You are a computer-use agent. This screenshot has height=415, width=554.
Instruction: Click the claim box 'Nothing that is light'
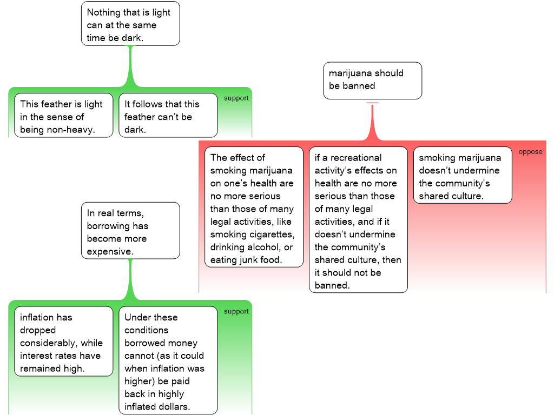coord(130,25)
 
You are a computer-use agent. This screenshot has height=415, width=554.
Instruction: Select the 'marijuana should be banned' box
coord(372,81)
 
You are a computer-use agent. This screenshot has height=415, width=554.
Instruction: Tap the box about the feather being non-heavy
coord(63,116)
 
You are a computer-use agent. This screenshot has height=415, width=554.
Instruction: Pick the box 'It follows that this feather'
coord(168,116)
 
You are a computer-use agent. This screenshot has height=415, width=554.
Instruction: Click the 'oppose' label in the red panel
coord(530,152)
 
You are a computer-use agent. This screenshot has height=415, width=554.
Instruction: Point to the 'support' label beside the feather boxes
coord(236,98)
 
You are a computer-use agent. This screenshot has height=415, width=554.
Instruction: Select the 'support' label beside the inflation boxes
coord(236,311)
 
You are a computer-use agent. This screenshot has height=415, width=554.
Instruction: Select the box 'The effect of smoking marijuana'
coord(253,207)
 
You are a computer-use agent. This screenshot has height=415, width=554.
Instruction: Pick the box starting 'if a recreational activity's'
coord(358,219)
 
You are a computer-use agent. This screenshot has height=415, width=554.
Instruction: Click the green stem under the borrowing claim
coord(130,278)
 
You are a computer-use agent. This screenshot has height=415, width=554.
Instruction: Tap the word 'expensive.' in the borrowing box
coord(110,252)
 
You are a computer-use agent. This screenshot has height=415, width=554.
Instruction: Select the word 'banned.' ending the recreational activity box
coord(332,285)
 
